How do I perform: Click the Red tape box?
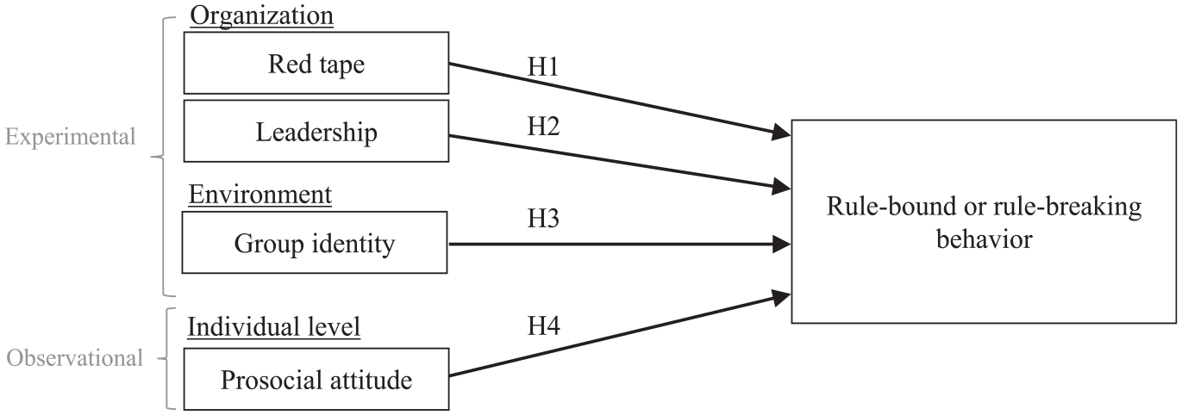[x=316, y=63]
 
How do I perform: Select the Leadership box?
[x=316, y=131]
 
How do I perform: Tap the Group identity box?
[x=315, y=243]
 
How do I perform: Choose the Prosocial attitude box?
[x=316, y=379]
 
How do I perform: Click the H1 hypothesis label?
[x=543, y=67]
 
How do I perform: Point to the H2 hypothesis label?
[x=543, y=127]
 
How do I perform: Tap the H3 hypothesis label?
[x=543, y=218]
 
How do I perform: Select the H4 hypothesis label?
[x=543, y=325]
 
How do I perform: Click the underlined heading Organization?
[x=262, y=15]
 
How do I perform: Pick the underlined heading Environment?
[x=260, y=195]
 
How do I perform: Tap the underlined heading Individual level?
[x=274, y=326]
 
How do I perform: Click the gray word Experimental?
[x=70, y=138]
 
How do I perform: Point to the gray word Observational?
[x=74, y=358]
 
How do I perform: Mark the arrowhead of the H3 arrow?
[x=782, y=244]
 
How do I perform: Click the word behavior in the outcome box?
[x=984, y=239]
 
